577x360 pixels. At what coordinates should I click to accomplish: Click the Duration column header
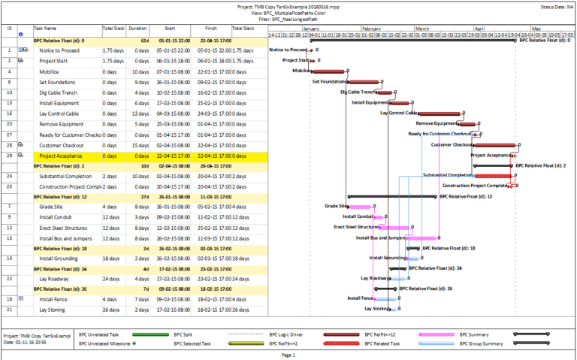click(137, 28)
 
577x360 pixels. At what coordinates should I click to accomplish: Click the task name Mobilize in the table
click(51, 71)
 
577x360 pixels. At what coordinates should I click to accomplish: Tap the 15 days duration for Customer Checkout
click(138, 145)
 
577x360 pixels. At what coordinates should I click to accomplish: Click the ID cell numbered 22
click(10, 278)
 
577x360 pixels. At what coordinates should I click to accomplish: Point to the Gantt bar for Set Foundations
click(364, 82)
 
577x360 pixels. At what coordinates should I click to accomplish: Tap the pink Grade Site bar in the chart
click(361, 206)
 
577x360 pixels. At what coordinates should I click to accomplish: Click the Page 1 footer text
click(288, 354)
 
